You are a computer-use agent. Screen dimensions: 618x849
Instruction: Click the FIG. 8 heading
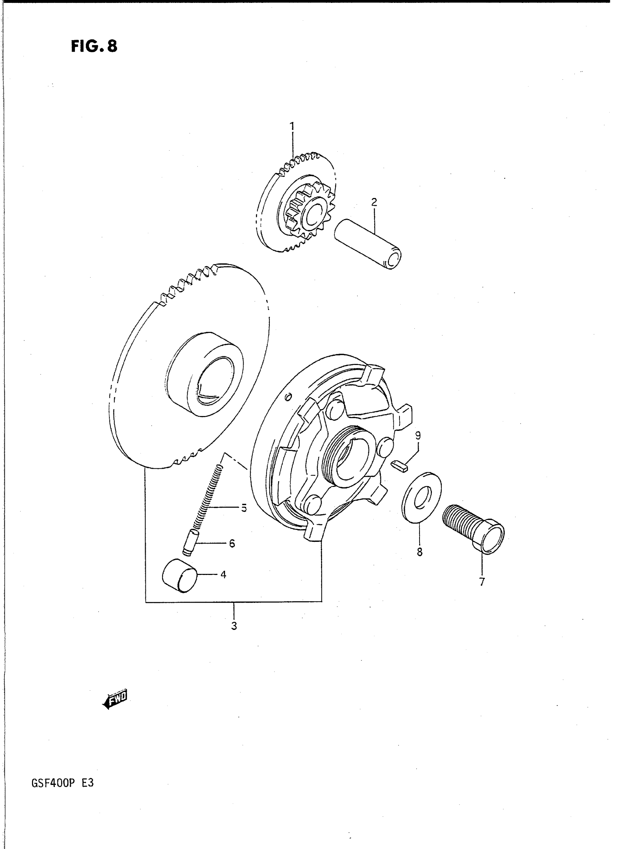94,46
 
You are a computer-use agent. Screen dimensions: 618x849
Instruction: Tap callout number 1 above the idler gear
292,126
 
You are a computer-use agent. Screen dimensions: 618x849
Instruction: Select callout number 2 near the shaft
374,202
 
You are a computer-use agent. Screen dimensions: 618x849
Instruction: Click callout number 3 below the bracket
234,626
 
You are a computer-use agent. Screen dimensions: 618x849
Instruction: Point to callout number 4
223,575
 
